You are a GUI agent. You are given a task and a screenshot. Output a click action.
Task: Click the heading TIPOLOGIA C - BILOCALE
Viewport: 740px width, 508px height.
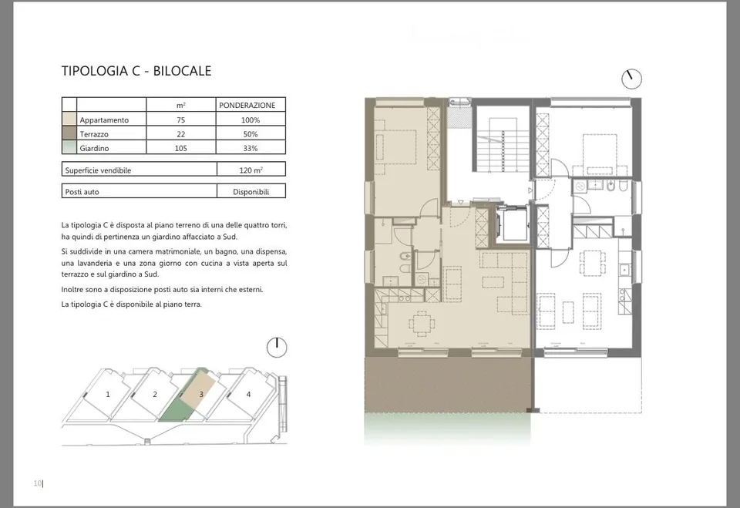coord(136,71)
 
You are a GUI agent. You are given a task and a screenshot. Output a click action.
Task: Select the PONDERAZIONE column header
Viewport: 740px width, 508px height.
coord(247,106)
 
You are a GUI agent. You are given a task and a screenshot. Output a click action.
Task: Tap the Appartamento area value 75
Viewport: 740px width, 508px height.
coord(180,120)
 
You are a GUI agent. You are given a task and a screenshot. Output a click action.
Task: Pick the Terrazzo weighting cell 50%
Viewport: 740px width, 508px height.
coord(251,134)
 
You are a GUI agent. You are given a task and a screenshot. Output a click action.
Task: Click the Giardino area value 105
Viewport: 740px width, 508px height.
coord(180,148)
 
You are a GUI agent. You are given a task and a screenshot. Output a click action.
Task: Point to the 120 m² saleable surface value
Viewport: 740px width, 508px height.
coord(251,170)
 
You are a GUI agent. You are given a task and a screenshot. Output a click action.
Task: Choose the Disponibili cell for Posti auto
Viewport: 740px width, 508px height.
coord(251,192)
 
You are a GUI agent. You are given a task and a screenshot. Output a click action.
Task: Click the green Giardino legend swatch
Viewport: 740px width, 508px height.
coord(69,147)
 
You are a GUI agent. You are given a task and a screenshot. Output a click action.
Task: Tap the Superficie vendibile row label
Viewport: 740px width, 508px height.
coord(98,170)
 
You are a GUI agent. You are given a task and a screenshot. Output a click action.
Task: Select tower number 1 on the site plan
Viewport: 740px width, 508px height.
coord(108,394)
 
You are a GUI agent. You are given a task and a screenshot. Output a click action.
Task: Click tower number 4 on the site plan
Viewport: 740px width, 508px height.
coord(249,394)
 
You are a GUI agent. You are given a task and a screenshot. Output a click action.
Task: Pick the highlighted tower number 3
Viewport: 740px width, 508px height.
coord(201,394)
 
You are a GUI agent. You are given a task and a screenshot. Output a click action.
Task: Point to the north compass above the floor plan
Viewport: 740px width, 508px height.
coord(631,79)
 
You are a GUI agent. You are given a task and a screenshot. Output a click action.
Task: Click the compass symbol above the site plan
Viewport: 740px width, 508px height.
coord(277,348)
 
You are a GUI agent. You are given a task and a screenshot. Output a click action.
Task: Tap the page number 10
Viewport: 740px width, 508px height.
coord(38,483)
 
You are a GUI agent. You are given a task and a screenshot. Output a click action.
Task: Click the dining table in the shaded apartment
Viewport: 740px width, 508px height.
coord(422,324)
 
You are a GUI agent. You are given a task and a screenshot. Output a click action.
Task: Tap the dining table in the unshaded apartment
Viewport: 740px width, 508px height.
coord(593,263)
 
